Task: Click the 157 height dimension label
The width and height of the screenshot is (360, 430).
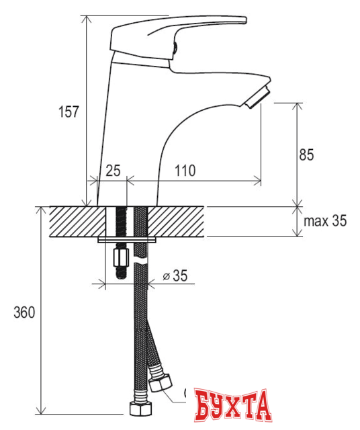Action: click(x=69, y=112)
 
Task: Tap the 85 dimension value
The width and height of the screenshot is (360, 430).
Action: click(x=306, y=155)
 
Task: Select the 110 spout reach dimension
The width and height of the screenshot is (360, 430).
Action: click(x=185, y=171)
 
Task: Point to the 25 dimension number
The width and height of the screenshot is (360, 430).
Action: click(x=113, y=171)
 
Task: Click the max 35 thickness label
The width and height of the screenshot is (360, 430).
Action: click(x=325, y=221)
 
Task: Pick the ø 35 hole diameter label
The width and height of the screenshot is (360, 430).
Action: click(x=175, y=275)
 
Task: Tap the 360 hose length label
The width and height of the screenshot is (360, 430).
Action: click(x=24, y=312)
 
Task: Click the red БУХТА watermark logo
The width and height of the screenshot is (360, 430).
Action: click(x=233, y=405)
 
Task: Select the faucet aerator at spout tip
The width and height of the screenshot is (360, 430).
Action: click(x=257, y=97)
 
